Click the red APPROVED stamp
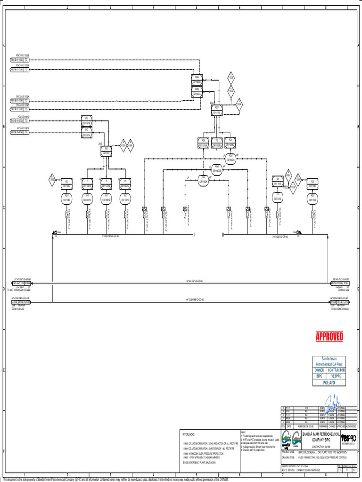[x=329, y=336]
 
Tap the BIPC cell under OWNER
[x=319, y=376]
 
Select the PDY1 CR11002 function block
[x=217, y=110]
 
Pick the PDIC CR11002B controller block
[x=197, y=79]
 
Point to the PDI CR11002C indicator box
[x=230, y=142]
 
